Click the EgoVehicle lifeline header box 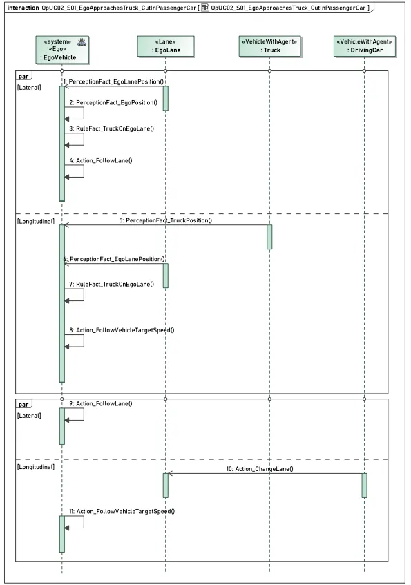coord(62,49)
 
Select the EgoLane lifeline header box coord(166,46)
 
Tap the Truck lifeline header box coord(269,46)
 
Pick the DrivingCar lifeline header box coord(364,46)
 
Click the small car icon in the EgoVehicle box coord(82,42)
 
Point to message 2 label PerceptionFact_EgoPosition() coord(113,103)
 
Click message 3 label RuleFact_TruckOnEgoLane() coord(111,128)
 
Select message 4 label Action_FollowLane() coord(100,160)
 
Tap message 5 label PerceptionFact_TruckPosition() coord(165,220)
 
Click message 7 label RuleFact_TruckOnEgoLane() coord(111,285)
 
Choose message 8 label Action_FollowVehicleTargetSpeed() coord(122,330)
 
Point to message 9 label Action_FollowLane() coord(100,403)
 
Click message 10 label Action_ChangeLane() coord(260,469)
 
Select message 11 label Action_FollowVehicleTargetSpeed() coord(122,512)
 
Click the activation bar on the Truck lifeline coord(269,237)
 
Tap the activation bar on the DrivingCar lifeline coord(364,486)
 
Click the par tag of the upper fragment coord(23,76)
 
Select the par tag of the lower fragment coord(23,405)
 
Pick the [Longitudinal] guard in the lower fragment coord(36,467)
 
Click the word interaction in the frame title coord(23,8)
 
